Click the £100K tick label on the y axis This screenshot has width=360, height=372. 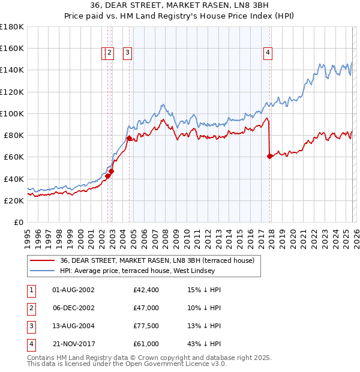(12, 113)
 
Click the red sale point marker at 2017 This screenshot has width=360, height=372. (269, 156)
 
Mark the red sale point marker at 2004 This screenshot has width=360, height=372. (129, 138)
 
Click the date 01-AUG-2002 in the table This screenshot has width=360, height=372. (73, 290)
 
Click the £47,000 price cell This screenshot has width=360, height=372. (146, 308)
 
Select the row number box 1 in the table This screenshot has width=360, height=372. (31, 290)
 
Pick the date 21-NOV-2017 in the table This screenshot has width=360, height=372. (73, 344)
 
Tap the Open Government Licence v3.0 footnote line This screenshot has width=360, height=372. (127, 364)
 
